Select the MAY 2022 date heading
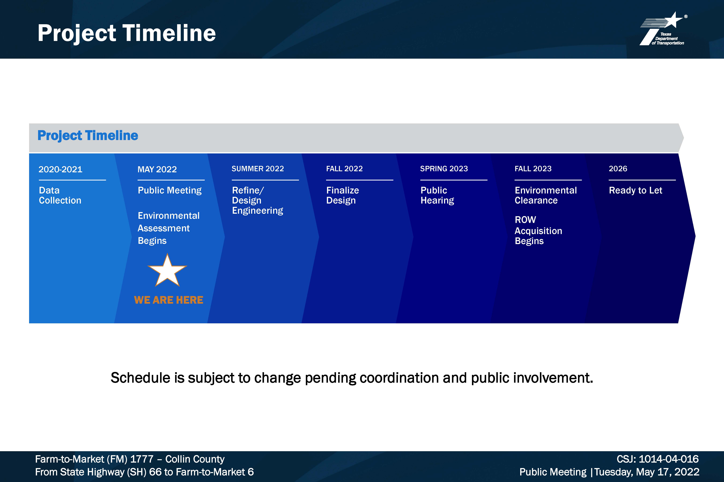pos(157,169)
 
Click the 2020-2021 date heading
pos(60,169)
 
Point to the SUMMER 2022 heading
pos(258,169)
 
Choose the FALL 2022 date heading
pos(344,169)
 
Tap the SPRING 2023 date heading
pos(444,169)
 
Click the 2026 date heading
pos(618,169)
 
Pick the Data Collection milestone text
pos(60,195)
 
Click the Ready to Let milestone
pos(635,191)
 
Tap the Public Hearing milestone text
pos(437,195)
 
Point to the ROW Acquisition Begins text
pos(538,230)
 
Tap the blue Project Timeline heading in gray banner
pos(88,135)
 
